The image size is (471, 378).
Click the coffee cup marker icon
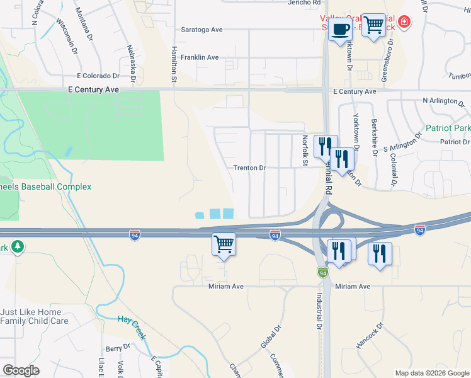tap(341, 30)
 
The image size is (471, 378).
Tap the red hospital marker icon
tap(404, 23)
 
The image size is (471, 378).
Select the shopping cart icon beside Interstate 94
tap(224, 244)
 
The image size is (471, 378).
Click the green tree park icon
tap(18, 246)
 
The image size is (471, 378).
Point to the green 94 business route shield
tap(322, 272)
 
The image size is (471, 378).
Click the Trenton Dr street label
tap(250, 168)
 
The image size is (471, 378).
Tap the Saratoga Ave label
tap(201, 30)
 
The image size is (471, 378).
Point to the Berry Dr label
tap(117, 348)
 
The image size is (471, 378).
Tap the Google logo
tap(21, 370)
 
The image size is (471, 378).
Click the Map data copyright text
tap(431, 373)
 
